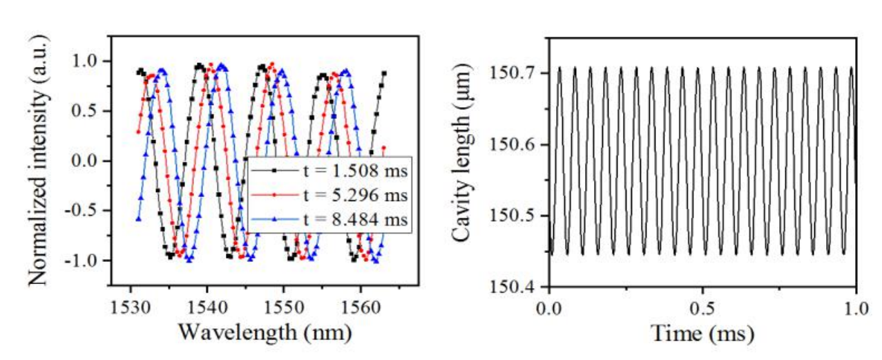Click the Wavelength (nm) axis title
265,332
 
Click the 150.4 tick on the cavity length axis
513,286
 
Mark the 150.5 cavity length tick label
513,215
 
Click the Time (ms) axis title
702,334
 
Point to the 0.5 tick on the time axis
702,305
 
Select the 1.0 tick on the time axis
855,305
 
